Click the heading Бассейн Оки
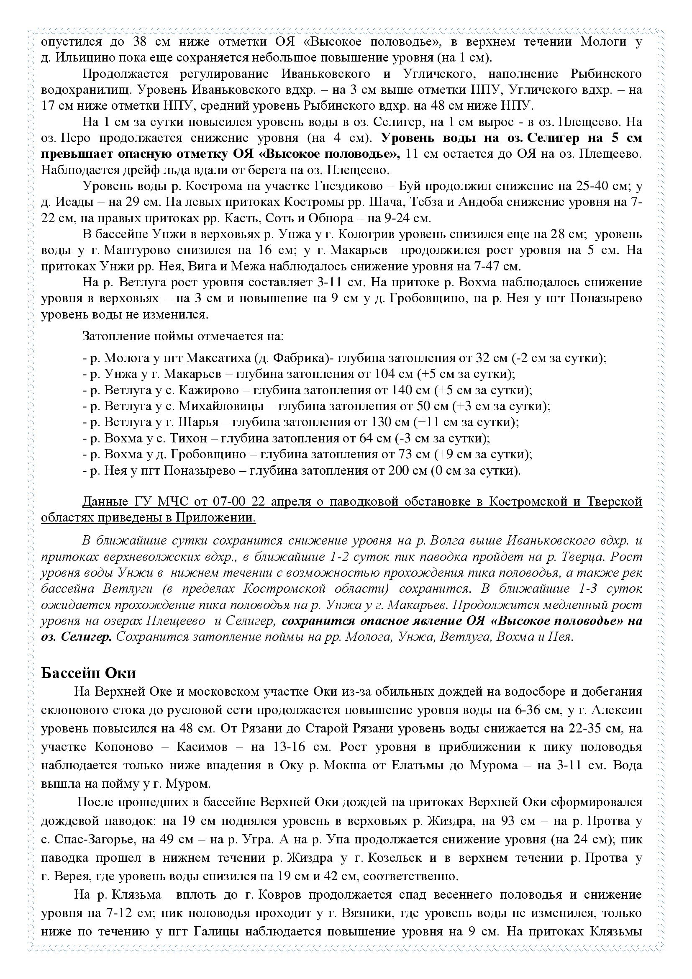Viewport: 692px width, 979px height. click(88, 673)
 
